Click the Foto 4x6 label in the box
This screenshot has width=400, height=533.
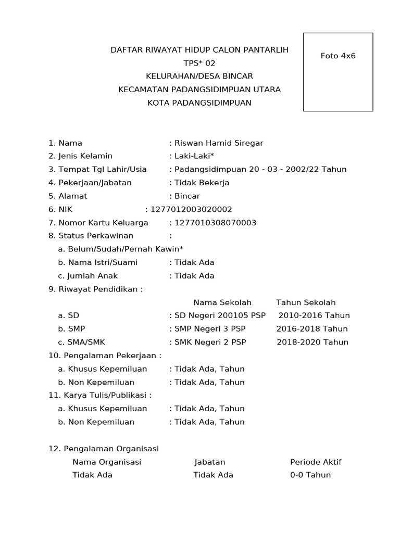[337, 56]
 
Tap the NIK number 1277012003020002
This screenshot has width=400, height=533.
[191, 209]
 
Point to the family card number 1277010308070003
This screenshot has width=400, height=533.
[215, 223]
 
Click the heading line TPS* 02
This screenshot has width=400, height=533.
[199, 63]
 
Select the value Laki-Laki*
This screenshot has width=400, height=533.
[194, 156]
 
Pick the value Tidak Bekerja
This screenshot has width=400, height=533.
[202, 183]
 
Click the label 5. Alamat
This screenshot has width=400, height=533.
[68, 196]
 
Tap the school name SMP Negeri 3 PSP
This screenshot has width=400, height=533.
[210, 329]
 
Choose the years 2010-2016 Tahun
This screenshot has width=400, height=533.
[314, 315]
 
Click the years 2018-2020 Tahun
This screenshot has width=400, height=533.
[312, 342]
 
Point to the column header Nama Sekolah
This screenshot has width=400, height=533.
[222, 302]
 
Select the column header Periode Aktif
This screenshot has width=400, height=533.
[316, 462]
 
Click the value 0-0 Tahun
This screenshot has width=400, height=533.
[310, 475]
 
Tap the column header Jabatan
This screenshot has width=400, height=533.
[210, 462]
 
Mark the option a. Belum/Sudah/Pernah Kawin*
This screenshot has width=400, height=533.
[121, 249]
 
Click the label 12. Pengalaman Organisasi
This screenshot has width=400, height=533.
[104, 449]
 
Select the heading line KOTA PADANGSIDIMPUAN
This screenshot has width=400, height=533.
[199, 103]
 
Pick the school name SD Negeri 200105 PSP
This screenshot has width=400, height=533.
[220, 315]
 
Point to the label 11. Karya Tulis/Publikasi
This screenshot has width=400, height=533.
[99, 396]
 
